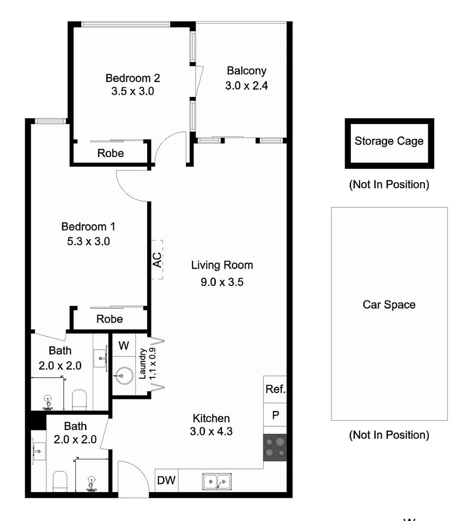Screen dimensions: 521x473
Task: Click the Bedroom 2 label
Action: click(x=133, y=78)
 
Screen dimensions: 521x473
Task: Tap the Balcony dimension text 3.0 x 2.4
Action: click(x=246, y=86)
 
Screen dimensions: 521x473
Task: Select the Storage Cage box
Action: click(x=389, y=143)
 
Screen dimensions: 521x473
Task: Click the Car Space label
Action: click(x=389, y=305)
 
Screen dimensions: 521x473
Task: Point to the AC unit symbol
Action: click(x=157, y=260)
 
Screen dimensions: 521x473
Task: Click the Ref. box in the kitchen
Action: click(x=275, y=389)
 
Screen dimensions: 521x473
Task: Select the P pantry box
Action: click(x=275, y=415)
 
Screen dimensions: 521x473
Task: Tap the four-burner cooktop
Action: click(x=275, y=447)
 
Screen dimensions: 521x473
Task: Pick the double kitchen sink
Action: click(x=217, y=481)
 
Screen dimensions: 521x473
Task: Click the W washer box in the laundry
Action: click(x=124, y=345)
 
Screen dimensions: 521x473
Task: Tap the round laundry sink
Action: click(x=125, y=374)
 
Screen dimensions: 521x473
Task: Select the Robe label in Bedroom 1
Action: click(x=110, y=319)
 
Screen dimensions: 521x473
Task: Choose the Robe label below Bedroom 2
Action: click(x=111, y=153)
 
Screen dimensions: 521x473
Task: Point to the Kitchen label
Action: click(x=211, y=418)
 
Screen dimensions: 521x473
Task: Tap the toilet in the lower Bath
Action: click(x=60, y=481)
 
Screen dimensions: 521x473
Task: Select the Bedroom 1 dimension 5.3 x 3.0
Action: click(x=88, y=241)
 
